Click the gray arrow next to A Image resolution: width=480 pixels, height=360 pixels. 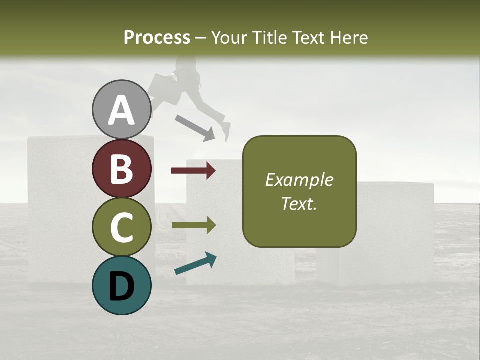click(x=195, y=127)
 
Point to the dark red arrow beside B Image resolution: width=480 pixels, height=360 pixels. click(x=193, y=171)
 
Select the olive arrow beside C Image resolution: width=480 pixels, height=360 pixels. click(x=193, y=226)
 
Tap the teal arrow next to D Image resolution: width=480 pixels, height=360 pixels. click(x=195, y=264)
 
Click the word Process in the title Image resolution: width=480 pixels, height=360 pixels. click(x=157, y=37)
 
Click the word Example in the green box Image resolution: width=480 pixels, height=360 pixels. click(x=299, y=180)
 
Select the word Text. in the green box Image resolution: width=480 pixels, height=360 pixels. click(x=299, y=203)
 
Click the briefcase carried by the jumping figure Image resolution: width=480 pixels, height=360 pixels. click(x=165, y=88)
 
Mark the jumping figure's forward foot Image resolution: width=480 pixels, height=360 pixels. click(x=226, y=131)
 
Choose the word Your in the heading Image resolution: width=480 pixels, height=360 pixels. click(x=228, y=37)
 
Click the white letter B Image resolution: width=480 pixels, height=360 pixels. click(x=121, y=168)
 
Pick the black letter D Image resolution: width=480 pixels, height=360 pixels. click(x=121, y=286)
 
